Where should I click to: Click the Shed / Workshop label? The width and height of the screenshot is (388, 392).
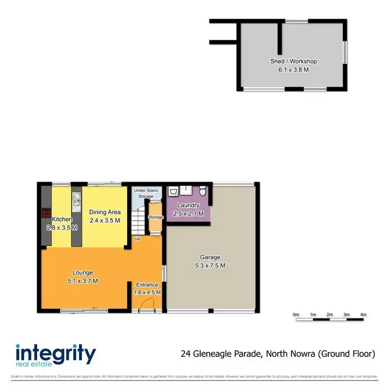[x=293, y=61]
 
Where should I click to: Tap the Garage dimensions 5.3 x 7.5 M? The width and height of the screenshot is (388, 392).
[x=210, y=265]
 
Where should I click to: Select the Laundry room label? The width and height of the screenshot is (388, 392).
[x=188, y=205]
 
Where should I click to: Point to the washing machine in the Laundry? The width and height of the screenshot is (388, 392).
[x=173, y=191]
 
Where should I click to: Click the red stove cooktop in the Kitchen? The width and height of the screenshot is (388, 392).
[x=46, y=214]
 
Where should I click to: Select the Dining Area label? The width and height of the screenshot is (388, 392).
[x=105, y=212]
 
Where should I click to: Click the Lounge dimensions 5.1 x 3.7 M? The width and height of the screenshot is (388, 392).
[x=83, y=281]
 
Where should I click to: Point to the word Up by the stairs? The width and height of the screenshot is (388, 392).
[x=138, y=239]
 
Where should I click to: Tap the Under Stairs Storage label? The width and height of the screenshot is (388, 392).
[x=144, y=193]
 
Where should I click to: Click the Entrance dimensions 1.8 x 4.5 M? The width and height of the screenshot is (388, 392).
[x=148, y=292]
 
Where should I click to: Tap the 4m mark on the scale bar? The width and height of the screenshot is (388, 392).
[x=363, y=314]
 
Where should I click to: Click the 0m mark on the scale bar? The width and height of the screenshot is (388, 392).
[x=296, y=314]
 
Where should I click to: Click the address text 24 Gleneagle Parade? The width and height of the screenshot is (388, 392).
[x=222, y=354]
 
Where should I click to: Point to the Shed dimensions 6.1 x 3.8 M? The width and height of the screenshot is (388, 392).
[x=293, y=69]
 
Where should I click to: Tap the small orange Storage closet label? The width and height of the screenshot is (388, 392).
[x=156, y=217]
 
